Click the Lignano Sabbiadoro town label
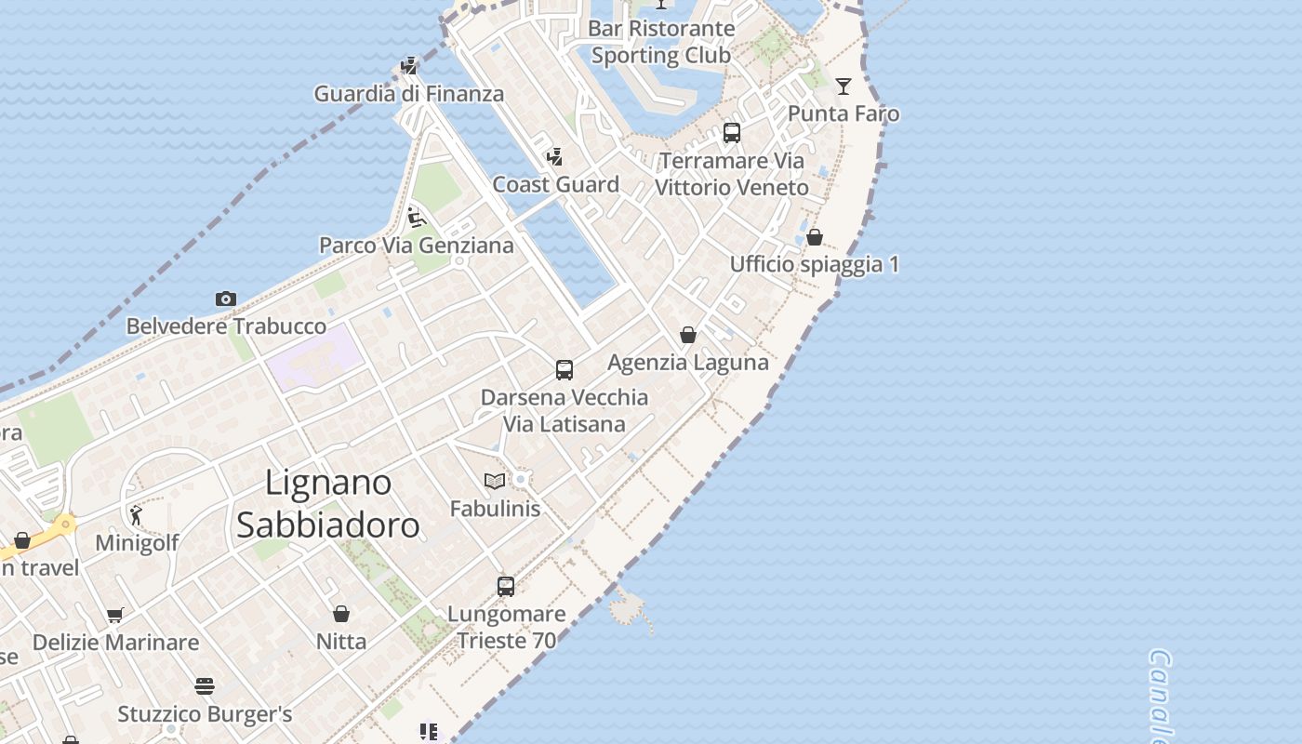(x=327, y=504)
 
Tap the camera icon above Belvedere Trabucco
(x=225, y=299)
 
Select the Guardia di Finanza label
(x=408, y=93)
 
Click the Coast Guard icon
(x=555, y=156)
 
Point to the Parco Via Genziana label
(x=416, y=246)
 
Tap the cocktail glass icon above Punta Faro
(x=844, y=86)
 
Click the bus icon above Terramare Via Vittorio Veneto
(x=732, y=133)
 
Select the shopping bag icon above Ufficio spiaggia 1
(x=815, y=237)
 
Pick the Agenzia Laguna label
(x=687, y=362)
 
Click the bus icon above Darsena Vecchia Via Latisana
(x=565, y=369)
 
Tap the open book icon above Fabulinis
(x=495, y=481)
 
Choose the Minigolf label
(x=138, y=542)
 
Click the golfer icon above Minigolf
(x=137, y=514)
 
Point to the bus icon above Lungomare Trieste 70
(x=506, y=586)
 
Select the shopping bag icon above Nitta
(x=341, y=614)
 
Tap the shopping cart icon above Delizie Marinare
(x=115, y=615)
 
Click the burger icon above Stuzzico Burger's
(x=205, y=686)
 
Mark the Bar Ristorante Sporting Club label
(x=661, y=42)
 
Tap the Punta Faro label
(x=844, y=113)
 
